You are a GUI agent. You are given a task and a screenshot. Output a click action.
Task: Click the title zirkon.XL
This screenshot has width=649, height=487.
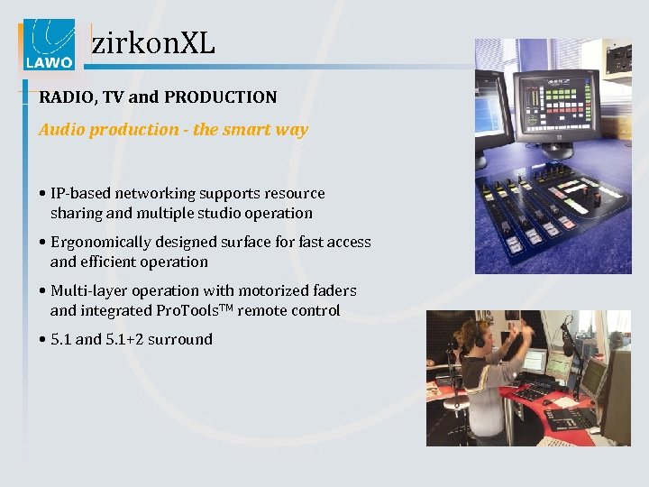pos(153,42)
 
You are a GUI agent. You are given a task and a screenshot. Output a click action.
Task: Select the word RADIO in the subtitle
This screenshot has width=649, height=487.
pos(61,96)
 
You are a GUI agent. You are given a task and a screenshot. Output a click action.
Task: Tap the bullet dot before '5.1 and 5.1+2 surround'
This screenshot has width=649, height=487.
pos(42,340)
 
